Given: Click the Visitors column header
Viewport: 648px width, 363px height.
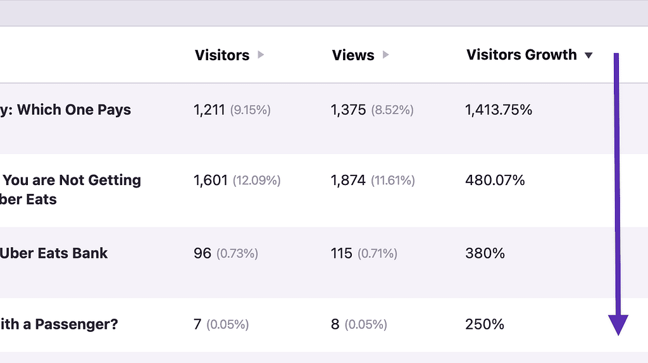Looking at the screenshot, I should [x=221, y=55].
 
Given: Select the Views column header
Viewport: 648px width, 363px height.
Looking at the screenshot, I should [x=352, y=55].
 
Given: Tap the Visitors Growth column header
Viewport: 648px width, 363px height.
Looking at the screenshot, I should [x=521, y=55].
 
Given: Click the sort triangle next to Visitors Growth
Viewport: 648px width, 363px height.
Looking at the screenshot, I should [x=589, y=56].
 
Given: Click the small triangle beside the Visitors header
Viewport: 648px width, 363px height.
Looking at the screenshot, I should [x=261, y=55].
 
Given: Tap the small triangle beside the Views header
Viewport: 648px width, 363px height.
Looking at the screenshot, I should [x=386, y=55].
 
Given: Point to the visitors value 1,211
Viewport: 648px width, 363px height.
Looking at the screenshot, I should [x=209, y=110].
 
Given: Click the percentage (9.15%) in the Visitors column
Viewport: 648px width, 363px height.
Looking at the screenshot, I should [x=250, y=110].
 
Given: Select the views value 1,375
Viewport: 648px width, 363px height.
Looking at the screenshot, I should [x=348, y=110].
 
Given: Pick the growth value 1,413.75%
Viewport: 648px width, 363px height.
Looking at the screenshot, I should [x=499, y=110].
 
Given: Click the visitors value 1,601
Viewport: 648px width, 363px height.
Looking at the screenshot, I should [x=211, y=181].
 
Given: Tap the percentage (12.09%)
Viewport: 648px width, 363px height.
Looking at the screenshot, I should [x=256, y=181].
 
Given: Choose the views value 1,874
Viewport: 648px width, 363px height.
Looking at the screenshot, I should [x=348, y=181].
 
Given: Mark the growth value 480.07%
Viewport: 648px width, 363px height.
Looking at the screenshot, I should [x=495, y=181].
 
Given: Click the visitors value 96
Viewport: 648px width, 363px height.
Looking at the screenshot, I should [x=202, y=253].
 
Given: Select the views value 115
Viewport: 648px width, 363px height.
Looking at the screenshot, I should [x=341, y=253].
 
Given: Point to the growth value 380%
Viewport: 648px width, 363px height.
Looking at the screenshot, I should [x=485, y=253].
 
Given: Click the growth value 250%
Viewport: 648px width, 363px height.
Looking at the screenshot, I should [x=485, y=324].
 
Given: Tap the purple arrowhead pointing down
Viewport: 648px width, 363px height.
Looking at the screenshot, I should [x=618, y=324].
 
